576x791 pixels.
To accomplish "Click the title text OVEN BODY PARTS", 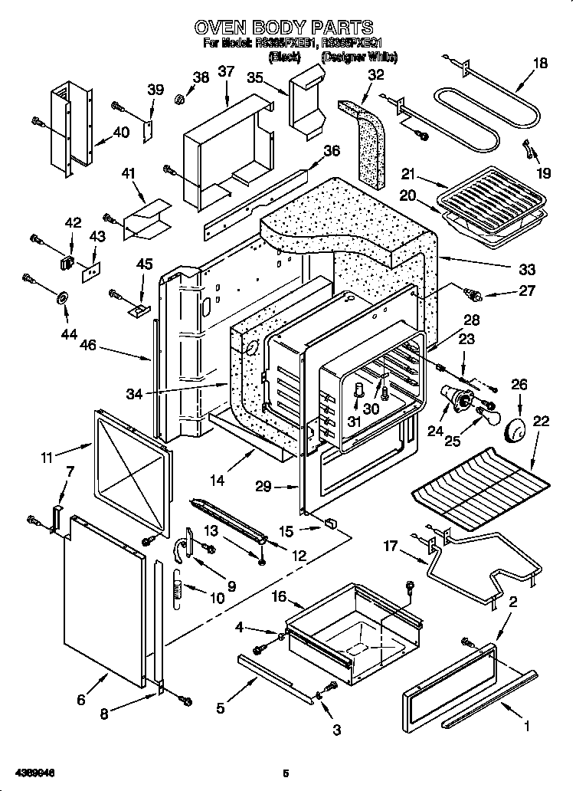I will (x=284, y=28).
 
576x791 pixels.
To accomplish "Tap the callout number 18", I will (x=540, y=64).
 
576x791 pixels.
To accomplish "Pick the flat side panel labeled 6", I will (x=106, y=597).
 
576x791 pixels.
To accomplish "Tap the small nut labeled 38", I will (x=178, y=98).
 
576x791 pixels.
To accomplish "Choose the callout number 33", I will (x=526, y=270).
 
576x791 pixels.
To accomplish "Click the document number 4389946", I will (x=33, y=773).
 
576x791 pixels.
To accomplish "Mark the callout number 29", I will (x=263, y=485).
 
